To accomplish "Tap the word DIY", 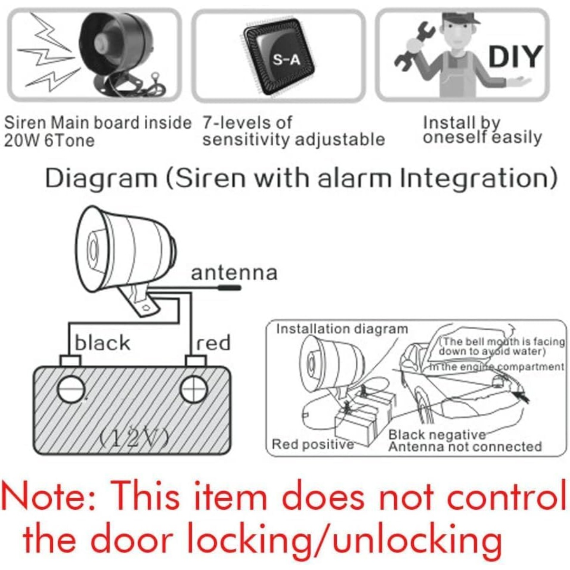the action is tap(515, 56).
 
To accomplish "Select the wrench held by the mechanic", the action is tap(414, 45).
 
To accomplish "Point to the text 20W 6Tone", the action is tap(49, 141).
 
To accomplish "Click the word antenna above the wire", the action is tap(234, 273).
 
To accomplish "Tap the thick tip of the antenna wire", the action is tap(229, 287).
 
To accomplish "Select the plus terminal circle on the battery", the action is tap(194, 389).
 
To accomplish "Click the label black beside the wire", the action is tap(102, 343).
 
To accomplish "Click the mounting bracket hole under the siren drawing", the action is tap(145, 308).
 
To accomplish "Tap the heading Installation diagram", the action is tap(342, 329).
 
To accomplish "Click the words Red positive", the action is tap(313, 444).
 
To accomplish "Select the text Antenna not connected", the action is tap(465, 446).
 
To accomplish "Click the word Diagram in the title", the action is tap(101, 179).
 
